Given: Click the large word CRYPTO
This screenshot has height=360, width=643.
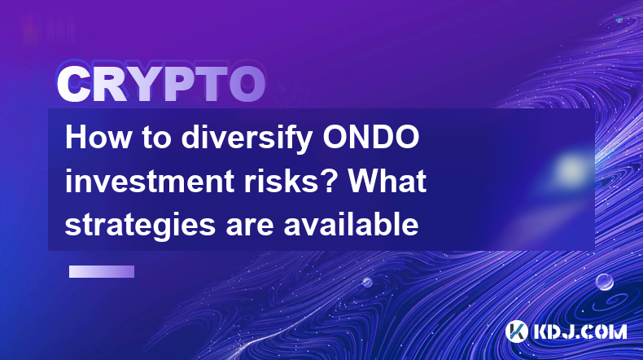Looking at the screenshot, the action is point(161,84).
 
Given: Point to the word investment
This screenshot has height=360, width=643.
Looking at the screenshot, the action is point(151,181).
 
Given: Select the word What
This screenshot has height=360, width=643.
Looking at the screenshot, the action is point(387,181).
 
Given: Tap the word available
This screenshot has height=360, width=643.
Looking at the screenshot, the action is point(351,224).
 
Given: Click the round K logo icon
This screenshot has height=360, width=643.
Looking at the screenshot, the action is point(516,331).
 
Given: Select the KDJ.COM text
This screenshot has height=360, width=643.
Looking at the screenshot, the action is point(580,331).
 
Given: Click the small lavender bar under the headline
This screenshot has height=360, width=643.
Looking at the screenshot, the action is point(102,272).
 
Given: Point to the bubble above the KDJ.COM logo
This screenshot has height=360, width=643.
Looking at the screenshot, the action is point(604,282).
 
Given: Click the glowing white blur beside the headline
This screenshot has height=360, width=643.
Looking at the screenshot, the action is point(571,169).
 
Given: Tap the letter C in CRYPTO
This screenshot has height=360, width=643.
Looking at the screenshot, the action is point(73,85).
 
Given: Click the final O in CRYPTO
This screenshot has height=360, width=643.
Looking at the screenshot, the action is point(247,84).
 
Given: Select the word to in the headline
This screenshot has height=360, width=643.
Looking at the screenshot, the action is point(156,138).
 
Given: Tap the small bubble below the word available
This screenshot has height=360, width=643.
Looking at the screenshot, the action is point(367,282).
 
